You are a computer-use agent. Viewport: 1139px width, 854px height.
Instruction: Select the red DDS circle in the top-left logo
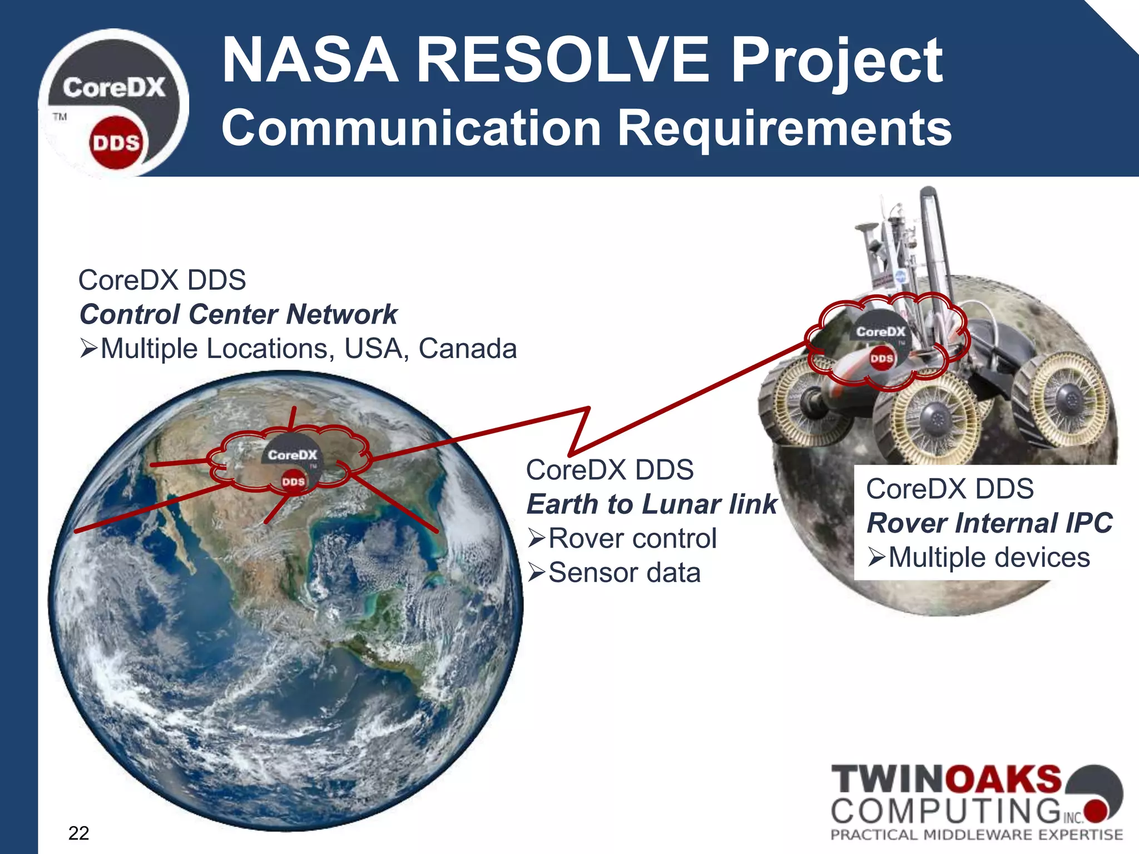[x=116, y=143]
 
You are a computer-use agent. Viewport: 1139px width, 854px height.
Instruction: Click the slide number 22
[x=78, y=833]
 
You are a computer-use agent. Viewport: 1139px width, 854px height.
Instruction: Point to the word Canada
[x=467, y=349]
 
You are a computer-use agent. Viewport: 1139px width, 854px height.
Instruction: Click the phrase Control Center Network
[x=239, y=315]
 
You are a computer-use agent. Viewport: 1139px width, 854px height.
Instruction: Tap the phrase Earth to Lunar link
[x=651, y=504]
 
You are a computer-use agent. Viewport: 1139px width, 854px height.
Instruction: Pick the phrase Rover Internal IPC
[x=989, y=523]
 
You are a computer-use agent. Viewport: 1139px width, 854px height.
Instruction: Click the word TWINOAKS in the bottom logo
[x=945, y=779]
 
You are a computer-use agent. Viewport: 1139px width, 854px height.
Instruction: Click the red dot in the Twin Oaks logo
[x=1096, y=811]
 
